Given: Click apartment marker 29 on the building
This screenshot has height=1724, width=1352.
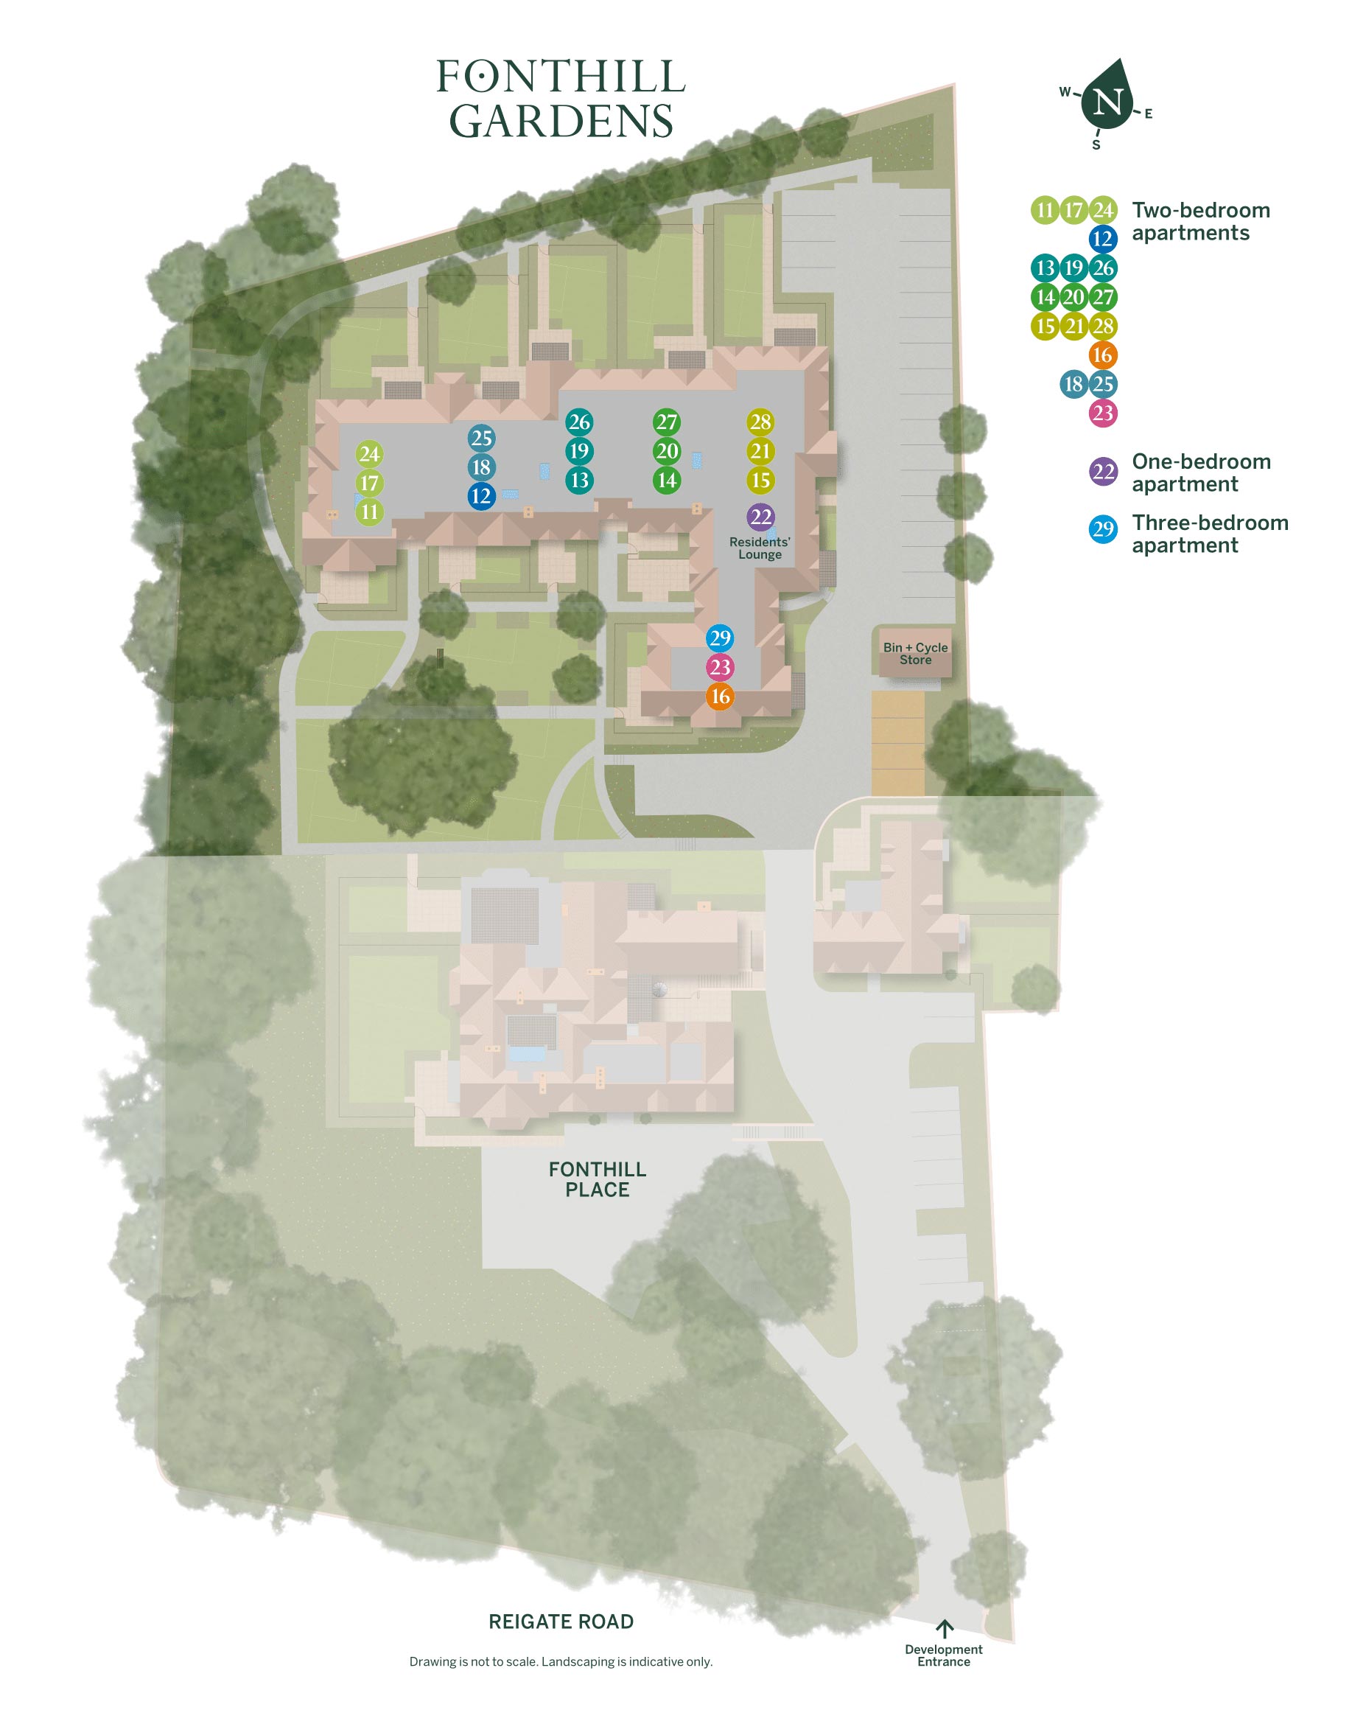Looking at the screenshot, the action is tap(720, 638).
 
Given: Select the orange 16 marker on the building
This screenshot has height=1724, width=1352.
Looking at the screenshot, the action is tap(720, 696).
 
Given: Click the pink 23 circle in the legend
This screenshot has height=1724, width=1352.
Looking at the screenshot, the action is tap(1103, 413).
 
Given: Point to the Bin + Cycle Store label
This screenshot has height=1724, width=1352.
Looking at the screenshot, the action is tap(915, 653).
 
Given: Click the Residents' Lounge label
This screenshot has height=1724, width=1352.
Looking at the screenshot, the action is tap(760, 548).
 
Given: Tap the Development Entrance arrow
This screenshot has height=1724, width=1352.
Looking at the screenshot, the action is tap(945, 1628).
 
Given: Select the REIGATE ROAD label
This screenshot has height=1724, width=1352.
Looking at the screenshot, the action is tap(561, 1622).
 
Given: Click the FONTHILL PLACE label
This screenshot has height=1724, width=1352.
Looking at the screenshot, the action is tap(598, 1179).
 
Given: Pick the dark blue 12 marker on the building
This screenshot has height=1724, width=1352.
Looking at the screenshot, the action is tap(481, 496).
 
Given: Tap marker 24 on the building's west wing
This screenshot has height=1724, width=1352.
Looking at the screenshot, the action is tap(370, 454).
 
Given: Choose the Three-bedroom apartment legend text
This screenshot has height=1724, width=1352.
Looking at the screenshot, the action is tap(1210, 534).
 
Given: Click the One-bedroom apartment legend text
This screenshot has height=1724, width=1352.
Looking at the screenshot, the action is tap(1201, 472).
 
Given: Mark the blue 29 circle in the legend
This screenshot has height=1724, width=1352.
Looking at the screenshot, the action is tap(1103, 529).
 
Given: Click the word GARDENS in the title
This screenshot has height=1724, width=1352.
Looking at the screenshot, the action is tap(561, 120).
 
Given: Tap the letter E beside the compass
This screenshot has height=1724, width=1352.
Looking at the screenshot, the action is tap(1148, 114).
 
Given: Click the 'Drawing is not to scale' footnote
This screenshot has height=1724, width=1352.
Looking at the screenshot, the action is tap(561, 1661).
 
